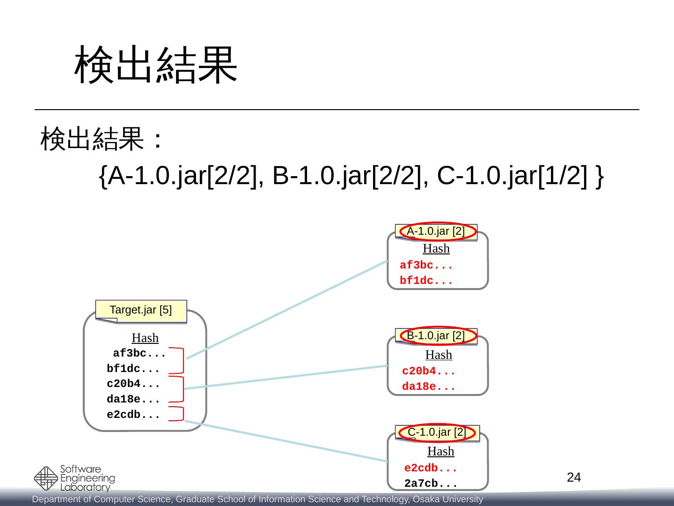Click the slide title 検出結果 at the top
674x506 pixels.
click(x=156, y=65)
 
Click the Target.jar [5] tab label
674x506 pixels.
click(x=141, y=310)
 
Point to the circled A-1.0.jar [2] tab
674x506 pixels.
click(x=436, y=231)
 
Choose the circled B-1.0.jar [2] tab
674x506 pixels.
click(x=436, y=336)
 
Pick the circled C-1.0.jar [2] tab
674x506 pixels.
click(x=437, y=432)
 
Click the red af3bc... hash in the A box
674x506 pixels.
click(x=426, y=266)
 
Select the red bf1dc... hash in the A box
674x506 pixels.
click(x=426, y=281)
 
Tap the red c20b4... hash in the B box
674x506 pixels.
click(x=428, y=372)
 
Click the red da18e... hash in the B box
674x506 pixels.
click(x=428, y=387)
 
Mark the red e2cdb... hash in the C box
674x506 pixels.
click(x=430, y=468)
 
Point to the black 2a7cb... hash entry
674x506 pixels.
click(x=430, y=484)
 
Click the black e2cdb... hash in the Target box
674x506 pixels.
click(x=133, y=415)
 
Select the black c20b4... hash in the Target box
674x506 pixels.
click(x=133, y=384)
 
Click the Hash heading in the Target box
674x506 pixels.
click(x=145, y=338)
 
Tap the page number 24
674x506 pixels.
click(x=574, y=477)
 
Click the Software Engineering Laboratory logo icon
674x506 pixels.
click(x=46, y=478)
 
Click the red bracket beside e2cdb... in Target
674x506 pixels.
click(x=178, y=414)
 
